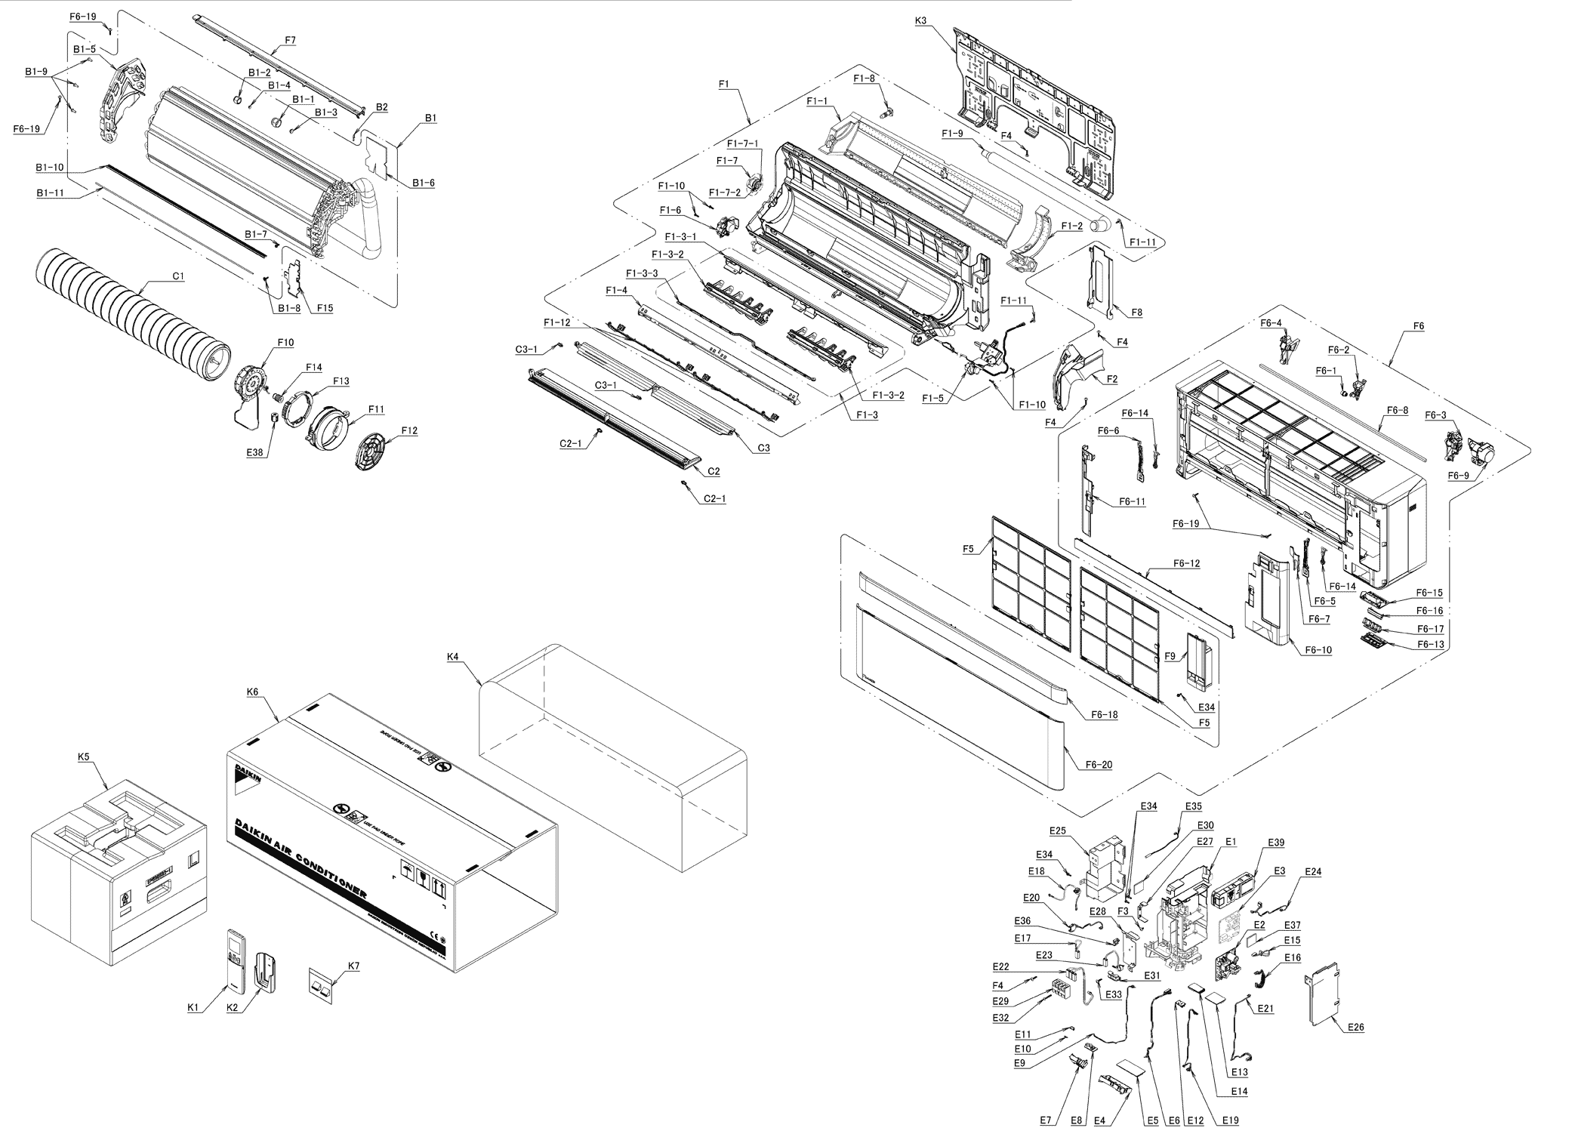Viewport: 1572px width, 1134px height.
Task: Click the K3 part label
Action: (920, 21)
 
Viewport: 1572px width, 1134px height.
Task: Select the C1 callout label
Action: (178, 277)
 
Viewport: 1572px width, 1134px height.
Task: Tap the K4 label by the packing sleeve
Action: (453, 657)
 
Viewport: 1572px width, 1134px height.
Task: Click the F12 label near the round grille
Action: (409, 430)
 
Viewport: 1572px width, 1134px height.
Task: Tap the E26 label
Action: (1355, 1027)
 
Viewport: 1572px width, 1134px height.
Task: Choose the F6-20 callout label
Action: (1099, 765)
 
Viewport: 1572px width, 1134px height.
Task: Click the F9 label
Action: (1170, 656)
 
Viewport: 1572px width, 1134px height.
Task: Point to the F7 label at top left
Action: (270, 39)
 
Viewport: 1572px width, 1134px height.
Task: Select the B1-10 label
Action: (49, 167)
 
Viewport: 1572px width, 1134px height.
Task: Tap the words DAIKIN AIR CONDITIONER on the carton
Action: (301, 858)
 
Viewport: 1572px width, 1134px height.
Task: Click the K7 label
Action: (353, 966)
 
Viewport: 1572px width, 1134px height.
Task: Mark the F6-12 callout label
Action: (1186, 563)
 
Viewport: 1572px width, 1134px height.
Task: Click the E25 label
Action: (1057, 830)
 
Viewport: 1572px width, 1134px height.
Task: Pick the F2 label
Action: (1111, 379)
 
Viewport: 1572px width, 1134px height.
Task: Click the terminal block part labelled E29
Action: (1062, 990)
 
